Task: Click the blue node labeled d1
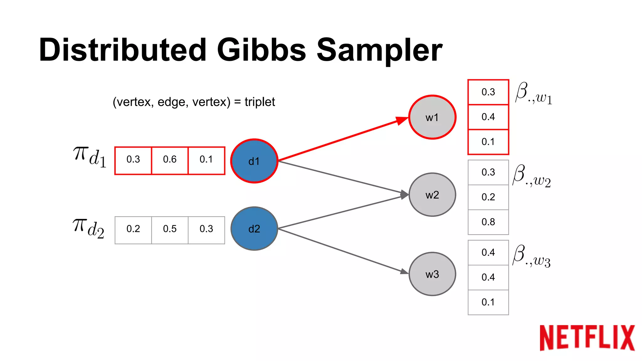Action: coord(254,161)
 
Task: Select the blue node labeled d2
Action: coord(254,229)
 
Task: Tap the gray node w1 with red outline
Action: coord(432,117)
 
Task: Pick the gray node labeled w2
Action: coord(432,195)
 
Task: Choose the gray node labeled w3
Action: coord(432,274)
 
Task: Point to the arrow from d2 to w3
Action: coord(342,251)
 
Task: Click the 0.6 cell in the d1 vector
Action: coord(170,160)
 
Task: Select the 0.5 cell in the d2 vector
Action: coord(170,229)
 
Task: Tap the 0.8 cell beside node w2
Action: coord(488,222)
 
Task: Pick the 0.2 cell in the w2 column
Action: coord(488,197)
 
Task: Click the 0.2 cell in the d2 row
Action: coord(133,229)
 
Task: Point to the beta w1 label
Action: coord(533,93)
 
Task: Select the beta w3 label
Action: coord(531,256)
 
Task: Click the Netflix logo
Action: coord(587,338)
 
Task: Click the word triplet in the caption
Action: coord(260,102)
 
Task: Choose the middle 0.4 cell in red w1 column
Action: coord(488,117)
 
